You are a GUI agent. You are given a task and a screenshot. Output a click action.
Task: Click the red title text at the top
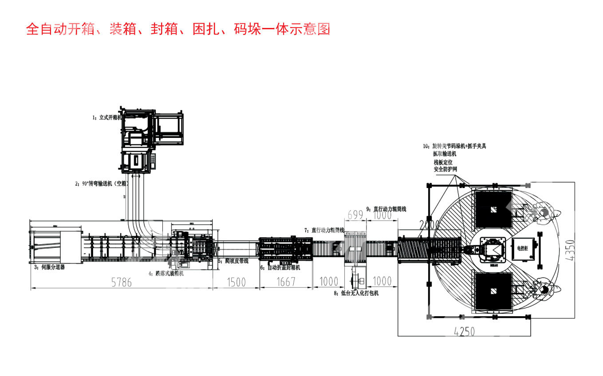click(178, 29)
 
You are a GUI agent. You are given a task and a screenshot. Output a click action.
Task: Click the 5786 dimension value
click(121, 282)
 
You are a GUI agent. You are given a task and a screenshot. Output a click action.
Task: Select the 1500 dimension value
click(236, 282)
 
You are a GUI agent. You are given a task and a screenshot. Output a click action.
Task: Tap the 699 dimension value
click(355, 215)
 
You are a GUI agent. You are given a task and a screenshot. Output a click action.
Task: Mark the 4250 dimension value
click(464, 331)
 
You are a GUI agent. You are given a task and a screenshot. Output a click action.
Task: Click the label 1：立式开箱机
click(107, 118)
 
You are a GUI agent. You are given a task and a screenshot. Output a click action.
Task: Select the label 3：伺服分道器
click(50, 267)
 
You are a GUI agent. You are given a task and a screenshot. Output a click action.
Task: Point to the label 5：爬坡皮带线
click(233, 261)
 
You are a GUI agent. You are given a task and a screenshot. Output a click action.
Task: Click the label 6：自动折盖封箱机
click(280, 268)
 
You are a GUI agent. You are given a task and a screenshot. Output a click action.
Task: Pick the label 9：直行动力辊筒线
click(386, 209)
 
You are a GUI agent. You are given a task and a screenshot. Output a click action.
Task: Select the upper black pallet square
click(493, 209)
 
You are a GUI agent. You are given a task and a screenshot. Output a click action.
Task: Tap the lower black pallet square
click(493, 290)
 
